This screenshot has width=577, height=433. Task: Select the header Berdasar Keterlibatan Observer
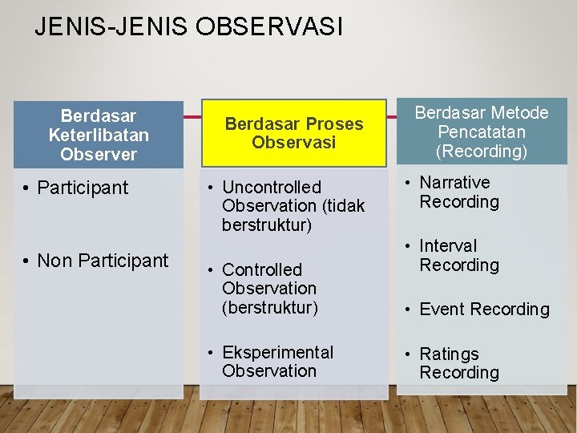99,135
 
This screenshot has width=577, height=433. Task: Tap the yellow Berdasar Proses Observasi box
294,133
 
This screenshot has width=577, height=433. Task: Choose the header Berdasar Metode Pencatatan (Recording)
481,132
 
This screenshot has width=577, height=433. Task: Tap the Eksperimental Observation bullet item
277,362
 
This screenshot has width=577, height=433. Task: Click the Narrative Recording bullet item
458,192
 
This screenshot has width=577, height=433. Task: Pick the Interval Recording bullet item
458,256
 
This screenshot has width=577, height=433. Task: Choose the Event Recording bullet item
484,310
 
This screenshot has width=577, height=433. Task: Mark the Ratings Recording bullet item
458,363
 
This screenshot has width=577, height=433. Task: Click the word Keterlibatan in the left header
99,135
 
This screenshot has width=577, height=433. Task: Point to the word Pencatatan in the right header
482,132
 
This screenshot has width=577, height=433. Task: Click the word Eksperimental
277,353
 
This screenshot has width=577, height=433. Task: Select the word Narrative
454,183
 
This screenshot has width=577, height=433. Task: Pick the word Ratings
449,354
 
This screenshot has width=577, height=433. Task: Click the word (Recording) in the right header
482,151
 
